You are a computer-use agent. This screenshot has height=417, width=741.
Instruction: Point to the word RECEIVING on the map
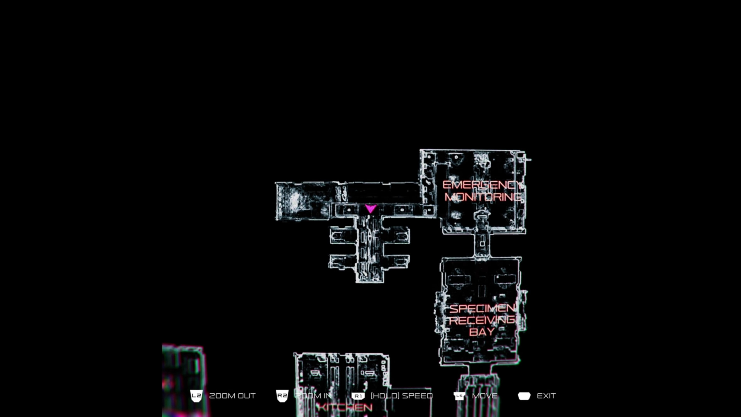click(x=482, y=320)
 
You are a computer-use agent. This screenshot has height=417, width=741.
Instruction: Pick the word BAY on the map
click(x=482, y=332)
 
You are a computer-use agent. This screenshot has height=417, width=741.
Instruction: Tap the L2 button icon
click(x=196, y=396)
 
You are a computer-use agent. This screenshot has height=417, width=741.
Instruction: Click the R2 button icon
click(x=282, y=396)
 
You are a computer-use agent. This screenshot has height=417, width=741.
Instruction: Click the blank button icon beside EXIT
click(x=524, y=396)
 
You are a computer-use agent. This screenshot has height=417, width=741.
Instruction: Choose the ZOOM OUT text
click(x=232, y=396)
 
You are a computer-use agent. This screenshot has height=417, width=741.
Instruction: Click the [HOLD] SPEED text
click(x=402, y=396)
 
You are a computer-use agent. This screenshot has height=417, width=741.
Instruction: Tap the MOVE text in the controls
click(x=485, y=396)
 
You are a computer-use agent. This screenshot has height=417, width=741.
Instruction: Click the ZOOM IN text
click(x=313, y=396)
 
